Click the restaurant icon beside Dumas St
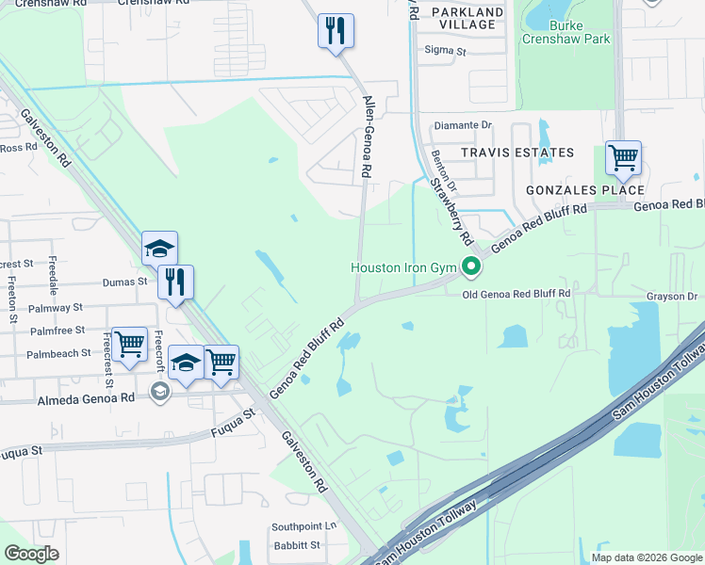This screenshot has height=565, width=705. (x=175, y=282)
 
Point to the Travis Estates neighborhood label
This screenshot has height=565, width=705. (x=516, y=153)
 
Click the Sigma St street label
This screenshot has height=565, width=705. (x=446, y=50)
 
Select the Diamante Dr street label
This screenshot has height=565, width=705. (x=462, y=125)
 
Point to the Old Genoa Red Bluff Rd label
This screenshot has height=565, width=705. (x=516, y=295)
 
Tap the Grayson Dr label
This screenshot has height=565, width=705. (x=671, y=296)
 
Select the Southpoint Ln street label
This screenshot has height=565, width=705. (x=303, y=526)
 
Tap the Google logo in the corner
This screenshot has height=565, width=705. (x=31, y=554)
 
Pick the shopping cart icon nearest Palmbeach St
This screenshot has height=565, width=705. (x=129, y=344)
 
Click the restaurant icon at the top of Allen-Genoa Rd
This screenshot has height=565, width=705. (x=336, y=31)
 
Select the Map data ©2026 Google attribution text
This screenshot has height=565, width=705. (x=646, y=557)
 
